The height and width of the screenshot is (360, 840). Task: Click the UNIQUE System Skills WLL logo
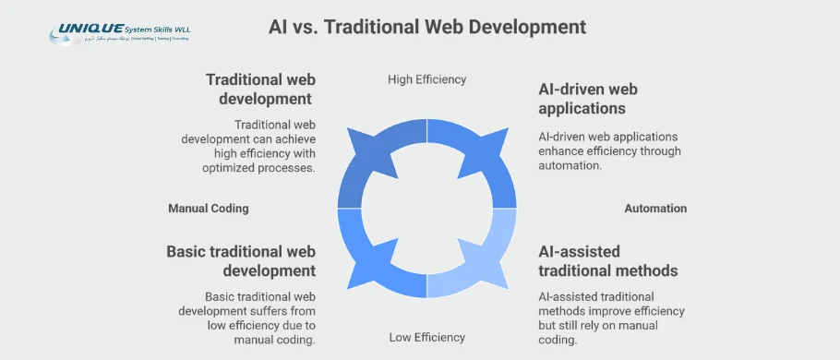tap(121, 34)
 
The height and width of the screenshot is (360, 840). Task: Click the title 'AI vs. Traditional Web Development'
tap(427, 27)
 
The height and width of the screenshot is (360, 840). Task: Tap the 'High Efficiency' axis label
tap(426, 79)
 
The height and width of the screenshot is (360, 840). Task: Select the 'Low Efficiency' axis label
tap(426, 337)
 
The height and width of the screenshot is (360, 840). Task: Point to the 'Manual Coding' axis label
tap(208, 209)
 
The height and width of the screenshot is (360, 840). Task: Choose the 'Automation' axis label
tap(655, 209)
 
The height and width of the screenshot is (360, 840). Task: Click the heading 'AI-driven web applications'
tap(588, 99)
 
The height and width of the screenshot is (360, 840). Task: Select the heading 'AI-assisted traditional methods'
tap(608, 261)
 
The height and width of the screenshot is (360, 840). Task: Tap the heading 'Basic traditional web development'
tap(241, 261)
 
